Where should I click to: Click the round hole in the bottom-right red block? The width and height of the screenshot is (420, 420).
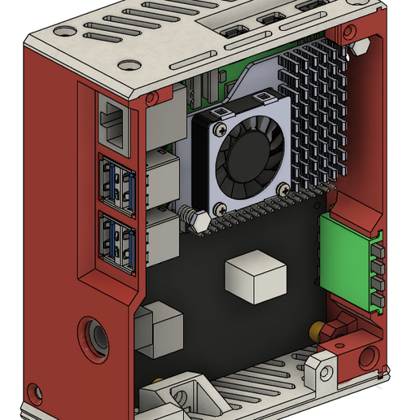370,357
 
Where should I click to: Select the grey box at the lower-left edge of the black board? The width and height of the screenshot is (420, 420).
158,329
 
